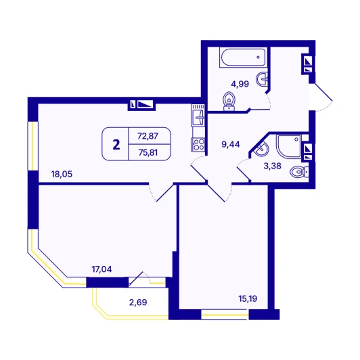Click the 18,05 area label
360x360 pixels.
click(62, 174)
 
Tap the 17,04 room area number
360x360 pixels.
click(102, 269)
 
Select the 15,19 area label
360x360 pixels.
click(248, 298)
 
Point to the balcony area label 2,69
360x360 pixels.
click(138, 302)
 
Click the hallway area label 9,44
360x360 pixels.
click(231, 144)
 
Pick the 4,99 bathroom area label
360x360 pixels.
click(240, 84)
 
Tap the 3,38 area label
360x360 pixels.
click(272, 166)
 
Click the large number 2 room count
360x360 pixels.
click(116, 145)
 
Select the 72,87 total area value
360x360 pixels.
click(148, 136)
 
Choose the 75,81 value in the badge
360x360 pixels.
click(148, 152)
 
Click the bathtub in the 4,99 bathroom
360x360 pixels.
click(243, 58)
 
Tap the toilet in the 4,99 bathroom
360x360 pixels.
click(229, 102)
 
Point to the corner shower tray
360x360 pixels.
click(288, 146)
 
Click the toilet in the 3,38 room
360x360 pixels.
click(299, 172)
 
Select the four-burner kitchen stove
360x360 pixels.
click(198, 145)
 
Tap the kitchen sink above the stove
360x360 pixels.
click(198, 115)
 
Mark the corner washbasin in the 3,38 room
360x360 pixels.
click(261, 150)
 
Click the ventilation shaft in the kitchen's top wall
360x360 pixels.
click(141, 105)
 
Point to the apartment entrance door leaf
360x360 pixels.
click(323, 92)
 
